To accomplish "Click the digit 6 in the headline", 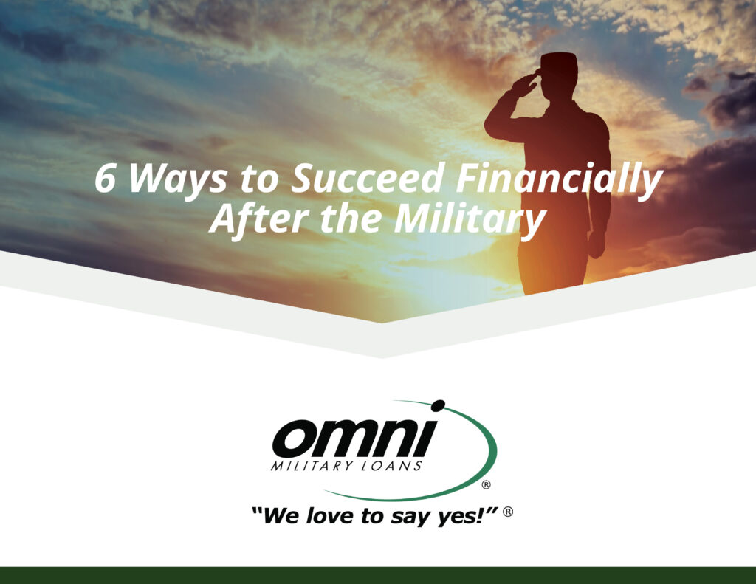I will (105, 180).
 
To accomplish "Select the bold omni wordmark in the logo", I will (354, 439).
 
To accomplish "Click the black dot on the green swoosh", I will (438, 405).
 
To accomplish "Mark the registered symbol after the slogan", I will (508, 511).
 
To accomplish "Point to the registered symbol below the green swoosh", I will (486, 485).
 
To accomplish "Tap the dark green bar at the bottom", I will (378, 575).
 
